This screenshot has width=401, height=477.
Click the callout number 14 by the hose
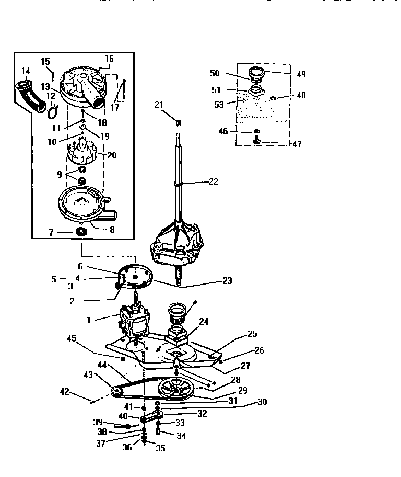[26, 71]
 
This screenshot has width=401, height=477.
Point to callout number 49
[301, 74]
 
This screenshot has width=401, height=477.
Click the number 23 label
[227, 280]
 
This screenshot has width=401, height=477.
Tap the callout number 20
[111, 155]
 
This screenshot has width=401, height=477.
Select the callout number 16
[109, 59]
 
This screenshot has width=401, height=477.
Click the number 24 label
[203, 322]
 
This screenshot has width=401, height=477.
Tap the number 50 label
[215, 74]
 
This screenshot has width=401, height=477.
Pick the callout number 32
[202, 413]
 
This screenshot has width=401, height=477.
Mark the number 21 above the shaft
[159, 105]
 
